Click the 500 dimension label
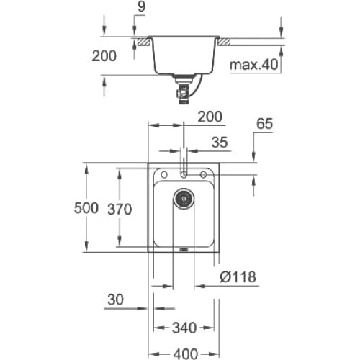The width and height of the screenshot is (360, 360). click(x=86, y=208)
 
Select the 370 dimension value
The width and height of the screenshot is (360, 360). click(x=120, y=209)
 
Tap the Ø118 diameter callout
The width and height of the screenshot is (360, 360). click(x=238, y=277)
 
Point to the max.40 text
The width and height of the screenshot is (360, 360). click(x=253, y=64)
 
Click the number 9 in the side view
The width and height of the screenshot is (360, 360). click(x=142, y=6)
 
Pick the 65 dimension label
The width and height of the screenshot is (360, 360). click(x=265, y=124)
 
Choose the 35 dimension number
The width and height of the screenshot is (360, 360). click(x=220, y=143)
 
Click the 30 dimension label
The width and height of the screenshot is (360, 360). click(x=115, y=300)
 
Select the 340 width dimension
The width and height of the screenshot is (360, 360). click(x=184, y=328)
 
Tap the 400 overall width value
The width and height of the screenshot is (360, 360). click(x=186, y=354)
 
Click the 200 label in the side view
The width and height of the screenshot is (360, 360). click(x=104, y=56)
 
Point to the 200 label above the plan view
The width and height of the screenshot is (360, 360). click(x=210, y=117)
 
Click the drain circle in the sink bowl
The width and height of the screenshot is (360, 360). click(x=184, y=198)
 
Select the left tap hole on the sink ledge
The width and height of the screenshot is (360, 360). click(x=164, y=174)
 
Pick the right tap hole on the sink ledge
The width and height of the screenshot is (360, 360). click(x=203, y=174)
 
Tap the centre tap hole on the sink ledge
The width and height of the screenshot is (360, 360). click(x=184, y=174)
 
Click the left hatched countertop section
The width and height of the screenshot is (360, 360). click(x=143, y=42)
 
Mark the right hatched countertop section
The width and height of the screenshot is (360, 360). click(x=223, y=42)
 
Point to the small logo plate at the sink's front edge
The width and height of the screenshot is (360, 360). click(x=184, y=250)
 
